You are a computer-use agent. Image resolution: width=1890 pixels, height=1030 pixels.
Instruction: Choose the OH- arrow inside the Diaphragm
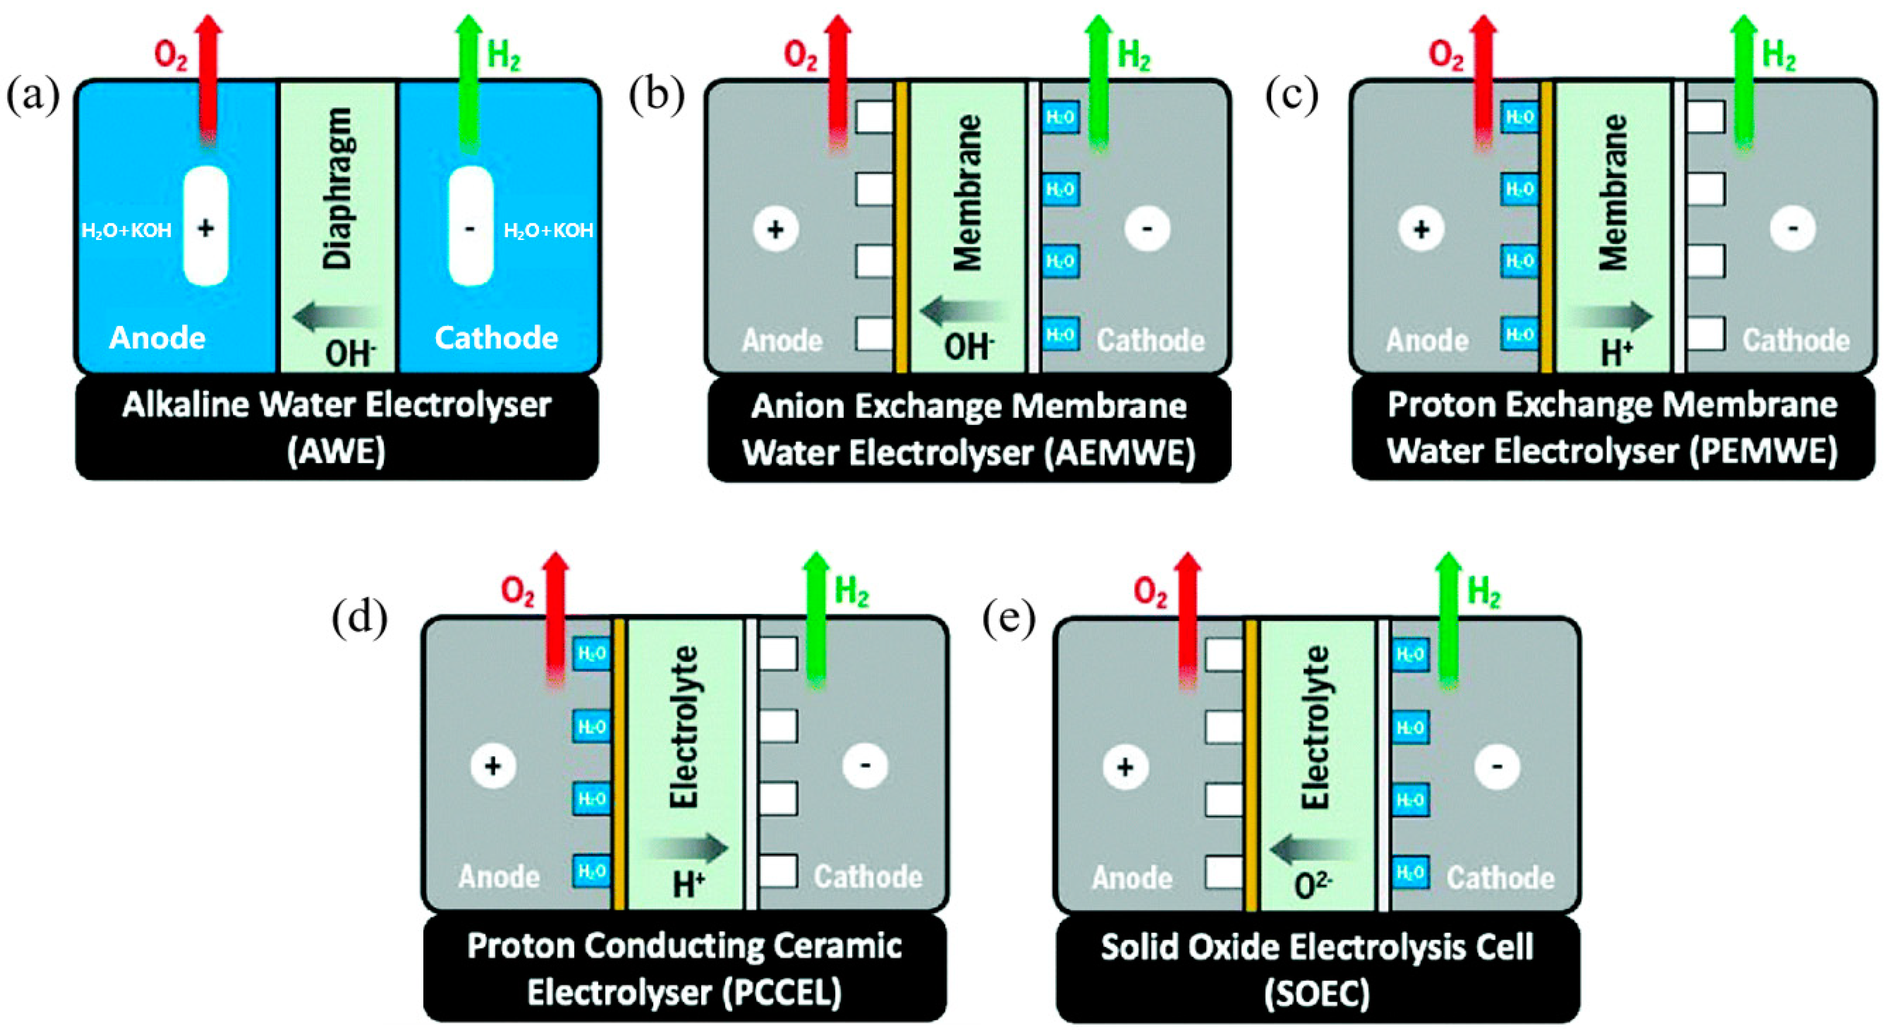tap(334, 317)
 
